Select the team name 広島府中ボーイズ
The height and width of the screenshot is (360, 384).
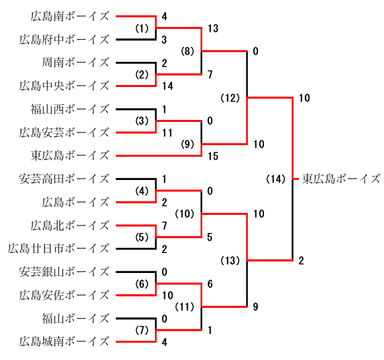point(64,40)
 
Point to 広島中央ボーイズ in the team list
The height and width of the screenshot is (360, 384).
point(64,86)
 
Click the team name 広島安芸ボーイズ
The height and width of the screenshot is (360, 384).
point(64,132)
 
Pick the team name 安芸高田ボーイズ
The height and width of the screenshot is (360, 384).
point(64,179)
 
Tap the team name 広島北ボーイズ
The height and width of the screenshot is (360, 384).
point(70,226)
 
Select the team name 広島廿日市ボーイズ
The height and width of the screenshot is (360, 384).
point(59,248)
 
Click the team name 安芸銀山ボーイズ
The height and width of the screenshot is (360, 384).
point(64,272)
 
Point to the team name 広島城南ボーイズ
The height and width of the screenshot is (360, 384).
point(64,342)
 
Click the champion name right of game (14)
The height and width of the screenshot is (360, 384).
point(341,179)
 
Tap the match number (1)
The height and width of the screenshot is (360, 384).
point(141,28)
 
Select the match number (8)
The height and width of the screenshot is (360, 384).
point(188,52)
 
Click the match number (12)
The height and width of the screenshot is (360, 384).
point(230,98)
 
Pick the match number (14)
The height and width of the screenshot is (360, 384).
point(276,179)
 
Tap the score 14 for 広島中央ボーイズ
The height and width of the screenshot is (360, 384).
point(167,86)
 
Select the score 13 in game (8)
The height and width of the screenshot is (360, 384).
point(212,28)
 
